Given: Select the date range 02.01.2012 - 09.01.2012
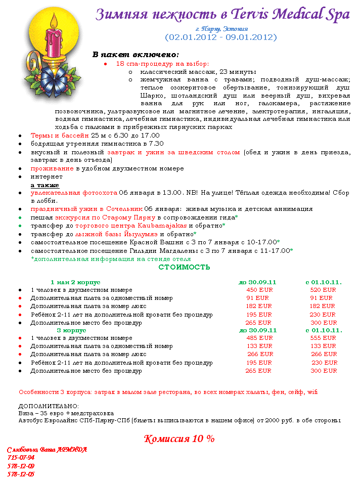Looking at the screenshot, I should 220,37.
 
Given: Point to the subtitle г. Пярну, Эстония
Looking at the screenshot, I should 220,28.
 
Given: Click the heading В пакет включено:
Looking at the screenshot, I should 136,54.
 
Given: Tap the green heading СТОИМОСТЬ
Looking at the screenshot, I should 184,267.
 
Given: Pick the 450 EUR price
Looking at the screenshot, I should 259,290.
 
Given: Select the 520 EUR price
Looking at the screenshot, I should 323,290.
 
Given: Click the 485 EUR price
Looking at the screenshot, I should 259,338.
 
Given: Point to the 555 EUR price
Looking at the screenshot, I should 323,338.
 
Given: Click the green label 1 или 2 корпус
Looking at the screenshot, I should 75,282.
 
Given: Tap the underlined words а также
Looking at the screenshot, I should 44,185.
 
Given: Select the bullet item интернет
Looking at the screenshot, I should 47,177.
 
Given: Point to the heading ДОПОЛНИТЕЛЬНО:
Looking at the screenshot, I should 49,406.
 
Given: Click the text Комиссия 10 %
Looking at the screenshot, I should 179,438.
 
